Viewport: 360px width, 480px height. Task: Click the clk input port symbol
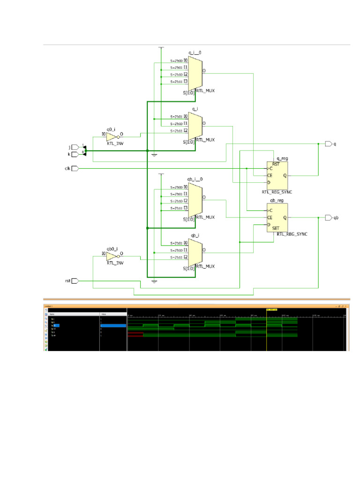click(x=75, y=168)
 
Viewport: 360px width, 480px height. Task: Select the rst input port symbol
click(x=75, y=281)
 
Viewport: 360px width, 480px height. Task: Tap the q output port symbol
click(x=329, y=144)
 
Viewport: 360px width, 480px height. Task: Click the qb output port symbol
click(x=329, y=218)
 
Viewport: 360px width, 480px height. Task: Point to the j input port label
click(x=69, y=147)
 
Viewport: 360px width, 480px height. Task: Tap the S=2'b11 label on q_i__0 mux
click(x=176, y=82)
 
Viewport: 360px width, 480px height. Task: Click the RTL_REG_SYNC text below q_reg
click(x=277, y=192)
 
